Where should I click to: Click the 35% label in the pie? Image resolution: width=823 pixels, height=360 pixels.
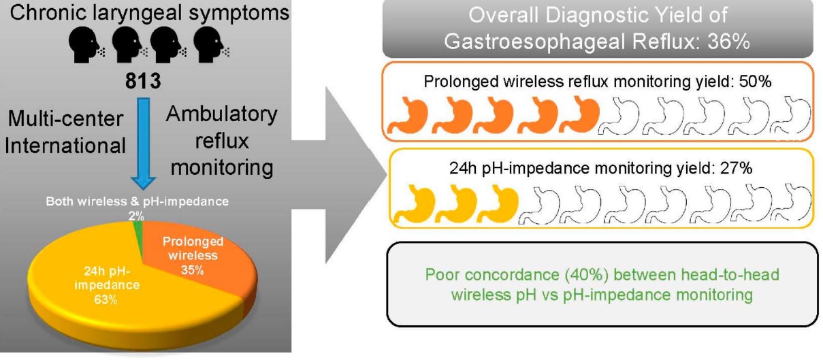click(193, 270)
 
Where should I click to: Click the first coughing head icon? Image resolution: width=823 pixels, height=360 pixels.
click(85, 46)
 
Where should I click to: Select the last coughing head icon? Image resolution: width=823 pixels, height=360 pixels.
click(207, 46)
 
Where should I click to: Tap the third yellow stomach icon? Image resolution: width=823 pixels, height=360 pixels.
click(498, 203)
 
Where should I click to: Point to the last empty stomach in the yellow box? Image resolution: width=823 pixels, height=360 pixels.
click(792, 203)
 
